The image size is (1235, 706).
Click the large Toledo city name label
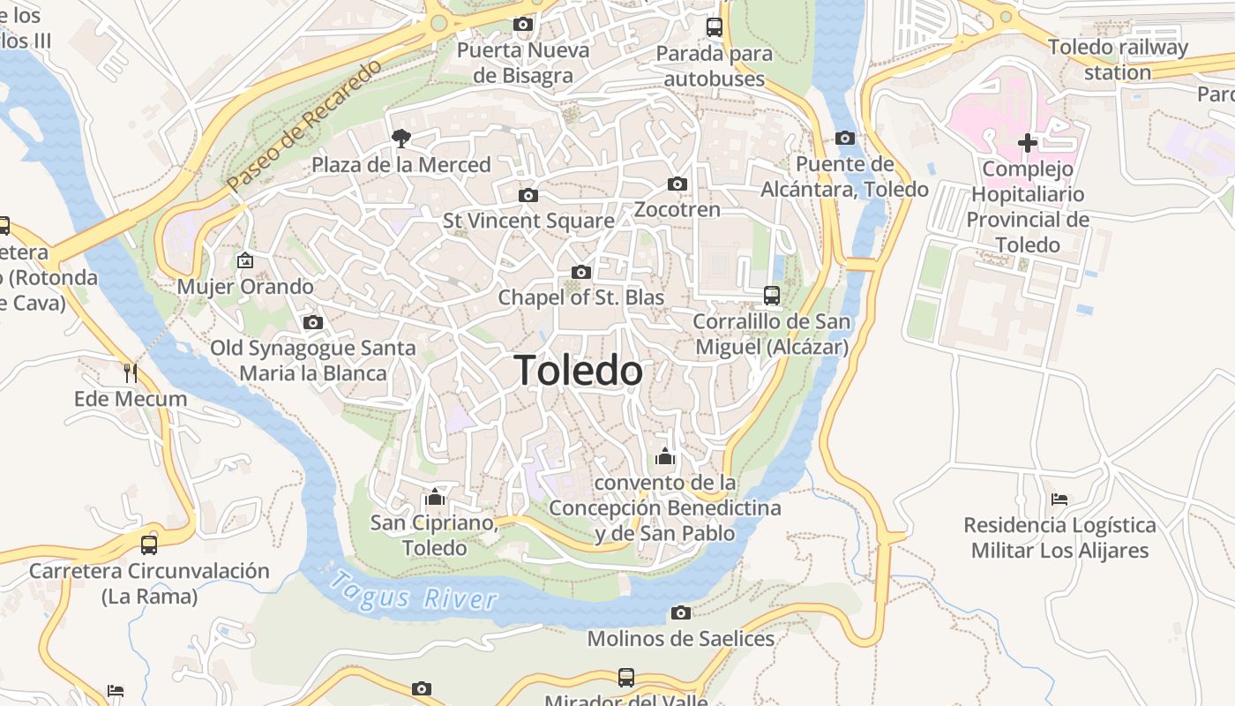[578, 371]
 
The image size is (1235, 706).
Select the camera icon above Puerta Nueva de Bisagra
[523, 25]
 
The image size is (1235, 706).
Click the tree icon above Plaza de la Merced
[401, 138]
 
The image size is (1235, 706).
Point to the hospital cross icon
[1027, 142]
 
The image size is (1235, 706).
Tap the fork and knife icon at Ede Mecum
[131, 372]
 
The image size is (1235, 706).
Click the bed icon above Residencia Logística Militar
[1059, 499]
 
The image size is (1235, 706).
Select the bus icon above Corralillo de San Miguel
[772, 295]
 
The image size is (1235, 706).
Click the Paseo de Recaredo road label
[303, 125]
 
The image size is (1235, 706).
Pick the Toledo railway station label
[1118, 60]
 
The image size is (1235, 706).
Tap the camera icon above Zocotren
[677, 184]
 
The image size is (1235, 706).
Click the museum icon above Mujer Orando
[244, 260]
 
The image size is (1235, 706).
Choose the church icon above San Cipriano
[434, 497]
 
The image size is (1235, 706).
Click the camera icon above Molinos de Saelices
[680, 612]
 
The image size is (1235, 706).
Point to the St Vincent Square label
[528, 221]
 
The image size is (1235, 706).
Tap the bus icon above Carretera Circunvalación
[148, 545]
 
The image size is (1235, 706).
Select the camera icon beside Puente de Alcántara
[844, 138]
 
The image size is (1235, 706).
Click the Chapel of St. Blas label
[580, 297]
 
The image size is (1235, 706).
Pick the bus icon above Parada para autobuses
[714, 27]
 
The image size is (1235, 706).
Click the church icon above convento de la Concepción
[665, 456]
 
